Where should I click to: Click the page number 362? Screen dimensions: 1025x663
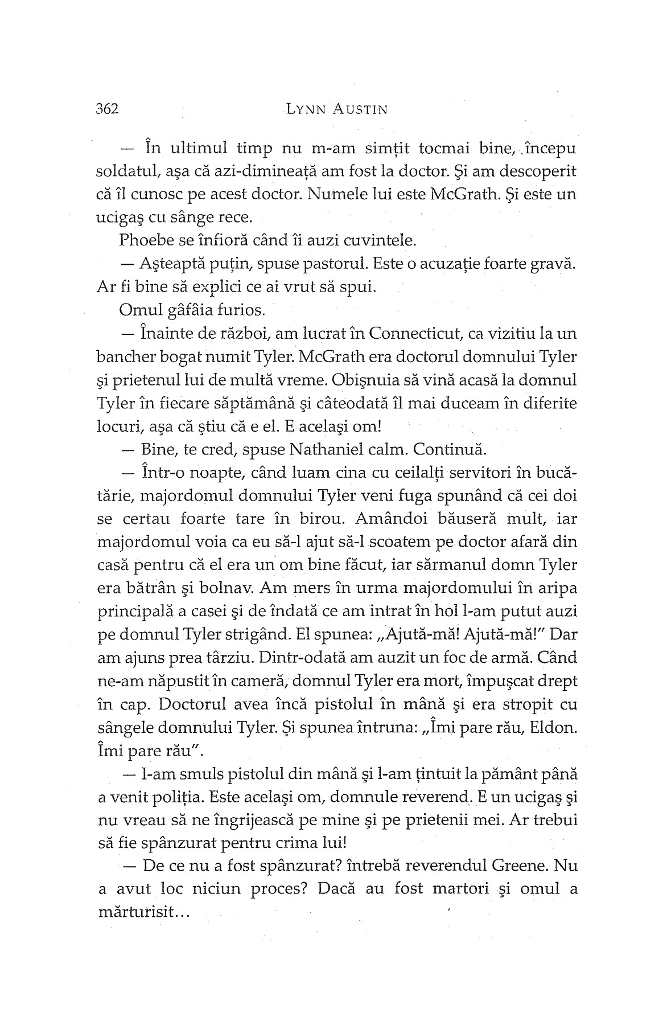pos(107,109)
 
